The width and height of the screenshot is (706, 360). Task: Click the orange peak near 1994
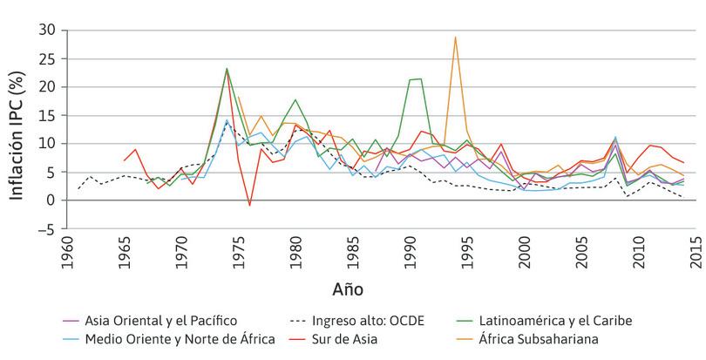455,37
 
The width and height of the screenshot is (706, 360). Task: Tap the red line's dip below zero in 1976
249,205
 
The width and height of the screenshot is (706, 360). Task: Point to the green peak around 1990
421,79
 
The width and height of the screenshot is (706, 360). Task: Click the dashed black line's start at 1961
79,188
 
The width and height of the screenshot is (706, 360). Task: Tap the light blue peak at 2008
615,137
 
